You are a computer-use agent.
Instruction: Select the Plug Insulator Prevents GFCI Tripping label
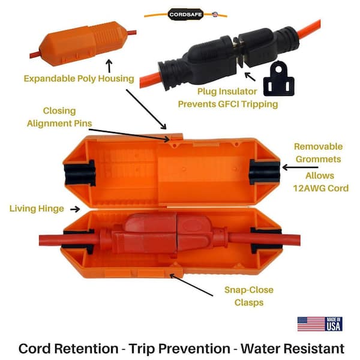[x=228, y=98]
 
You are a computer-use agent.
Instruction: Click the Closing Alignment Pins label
[x=59, y=118]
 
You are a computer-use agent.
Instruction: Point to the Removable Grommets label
[x=318, y=153]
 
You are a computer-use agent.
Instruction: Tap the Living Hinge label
[x=37, y=208]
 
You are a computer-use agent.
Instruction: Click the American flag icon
[x=310, y=324]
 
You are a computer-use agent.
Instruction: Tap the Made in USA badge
[x=334, y=324]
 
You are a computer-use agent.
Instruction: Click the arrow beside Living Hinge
[x=75, y=209]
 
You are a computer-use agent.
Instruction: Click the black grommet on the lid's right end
[x=265, y=172]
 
